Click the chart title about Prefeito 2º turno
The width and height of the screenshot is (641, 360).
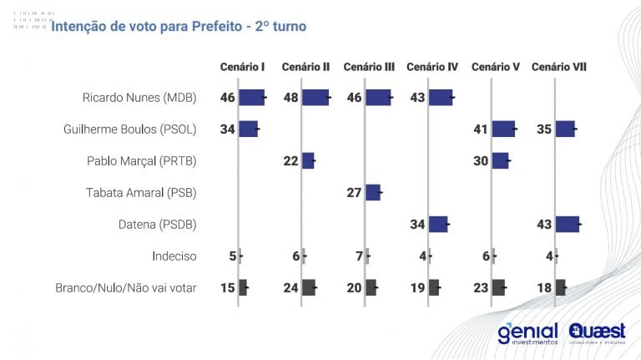pyautogui.click(x=179, y=27)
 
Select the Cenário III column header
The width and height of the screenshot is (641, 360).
pyautogui.click(x=369, y=66)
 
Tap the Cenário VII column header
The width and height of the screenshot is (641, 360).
pyautogui.click(x=558, y=66)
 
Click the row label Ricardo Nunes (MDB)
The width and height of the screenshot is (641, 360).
pyautogui.click(x=139, y=98)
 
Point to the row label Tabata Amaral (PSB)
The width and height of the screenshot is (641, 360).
pyautogui.click(x=141, y=193)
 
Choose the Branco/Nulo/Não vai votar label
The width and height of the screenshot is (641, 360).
pyautogui.click(x=126, y=288)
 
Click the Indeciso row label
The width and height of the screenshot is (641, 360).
pyautogui.click(x=174, y=256)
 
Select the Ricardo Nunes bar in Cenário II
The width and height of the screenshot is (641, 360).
pyautogui.click(x=315, y=98)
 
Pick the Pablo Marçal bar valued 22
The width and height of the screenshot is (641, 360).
pyautogui.click(x=308, y=161)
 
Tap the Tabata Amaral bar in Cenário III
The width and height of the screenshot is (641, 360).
pyautogui.click(x=373, y=193)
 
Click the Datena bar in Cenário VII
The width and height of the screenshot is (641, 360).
pyautogui.click(x=567, y=225)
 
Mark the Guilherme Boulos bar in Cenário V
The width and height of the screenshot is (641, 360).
pyautogui.click(x=503, y=129)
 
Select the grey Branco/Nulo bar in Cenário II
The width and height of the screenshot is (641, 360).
pyautogui.click(x=309, y=288)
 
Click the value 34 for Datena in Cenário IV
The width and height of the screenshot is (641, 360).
pyautogui.click(x=417, y=225)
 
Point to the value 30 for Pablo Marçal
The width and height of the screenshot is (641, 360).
pyautogui.click(x=481, y=161)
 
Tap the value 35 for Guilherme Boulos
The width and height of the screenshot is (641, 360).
pyautogui.click(x=544, y=129)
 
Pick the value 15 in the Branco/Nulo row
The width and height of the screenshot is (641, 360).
pyautogui.click(x=228, y=288)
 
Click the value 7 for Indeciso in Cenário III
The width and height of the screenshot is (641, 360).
pyautogui.click(x=360, y=256)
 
